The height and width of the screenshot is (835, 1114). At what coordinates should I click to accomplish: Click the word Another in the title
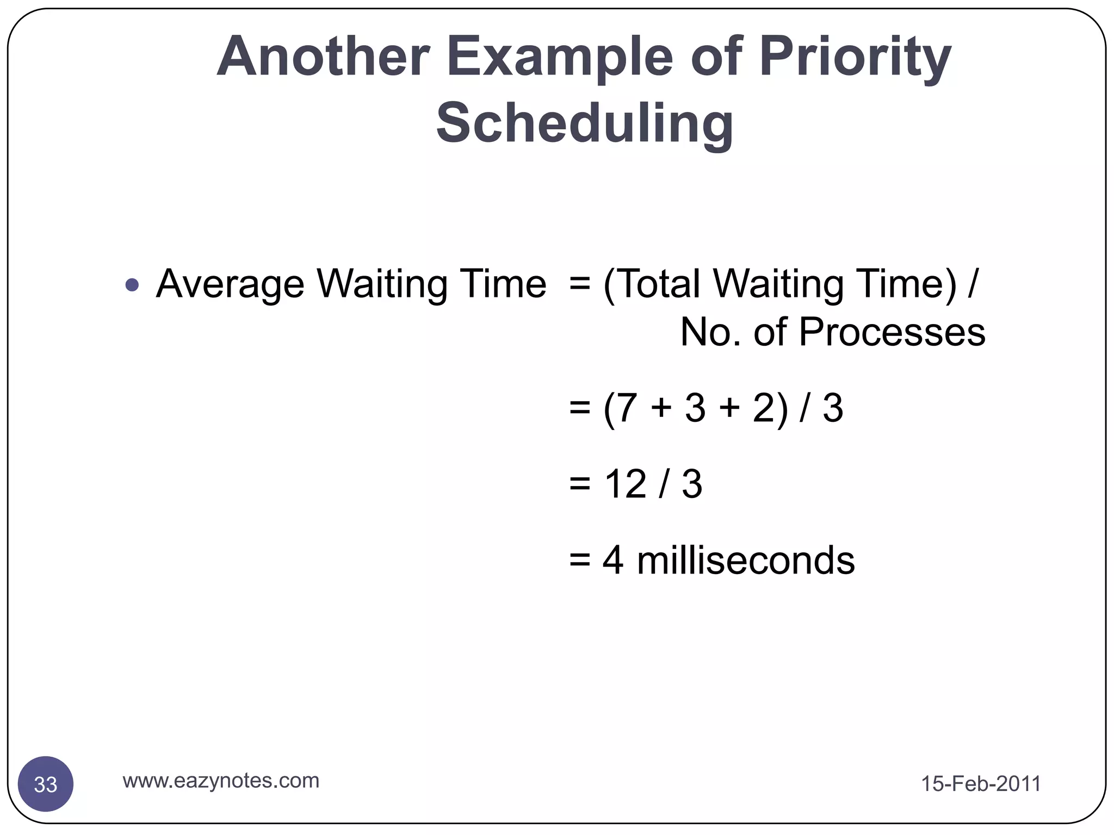click(323, 57)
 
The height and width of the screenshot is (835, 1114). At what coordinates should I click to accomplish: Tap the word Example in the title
click(560, 57)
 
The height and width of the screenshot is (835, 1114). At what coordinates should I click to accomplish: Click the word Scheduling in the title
click(585, 123)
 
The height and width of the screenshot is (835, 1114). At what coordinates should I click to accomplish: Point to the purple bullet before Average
click(132, 284)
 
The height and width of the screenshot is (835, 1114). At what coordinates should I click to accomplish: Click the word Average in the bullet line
click(230, 284)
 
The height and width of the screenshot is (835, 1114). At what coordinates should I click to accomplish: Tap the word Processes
click(892, 332)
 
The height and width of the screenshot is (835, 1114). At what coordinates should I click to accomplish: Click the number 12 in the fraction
click(626, 484)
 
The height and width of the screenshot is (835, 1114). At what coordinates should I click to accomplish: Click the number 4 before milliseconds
click(613, 560)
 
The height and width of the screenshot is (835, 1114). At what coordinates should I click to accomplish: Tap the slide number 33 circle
click(46, 784)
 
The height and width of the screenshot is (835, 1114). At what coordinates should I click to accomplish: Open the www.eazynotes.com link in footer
click(221, 781)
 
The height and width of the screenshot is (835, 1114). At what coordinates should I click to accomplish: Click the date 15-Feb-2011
click(981, 784)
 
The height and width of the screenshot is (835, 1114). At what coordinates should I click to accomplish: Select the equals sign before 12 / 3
click(579, 484)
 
